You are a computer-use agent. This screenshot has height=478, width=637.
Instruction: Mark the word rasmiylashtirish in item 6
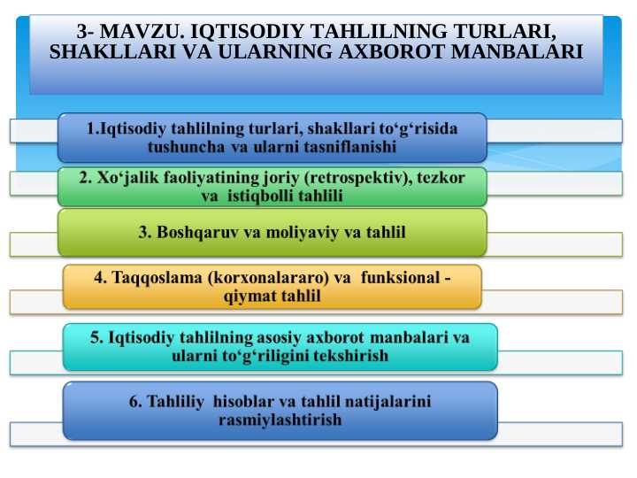click(280, 420)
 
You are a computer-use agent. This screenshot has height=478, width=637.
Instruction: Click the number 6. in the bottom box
click(135, 401)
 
